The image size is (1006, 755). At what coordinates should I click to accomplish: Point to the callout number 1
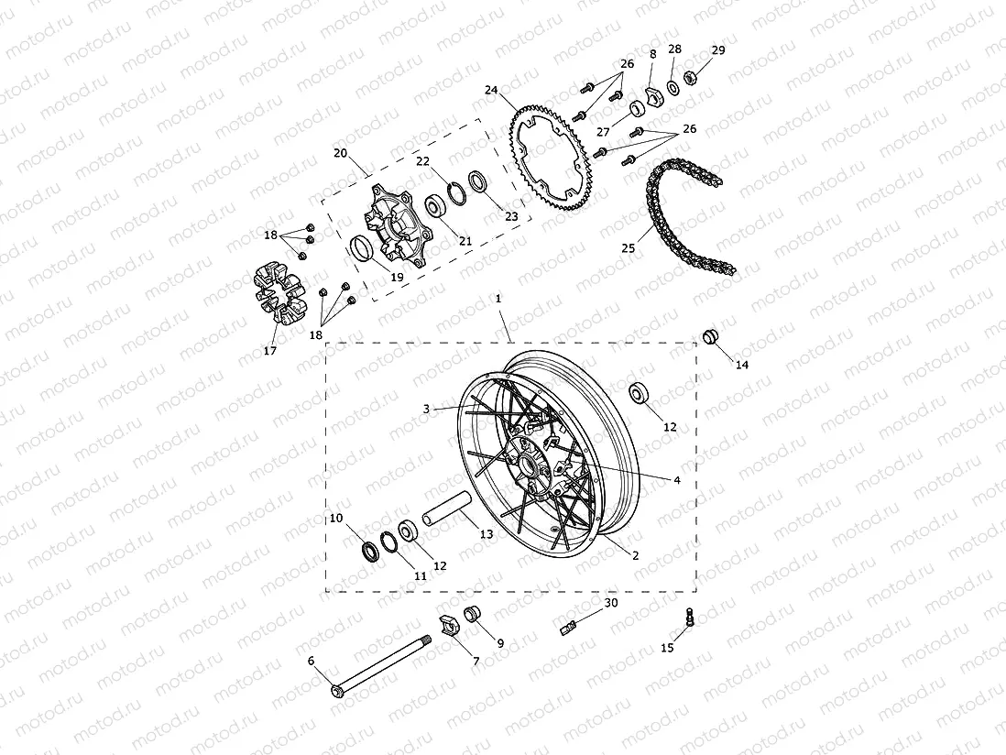pos(498,299)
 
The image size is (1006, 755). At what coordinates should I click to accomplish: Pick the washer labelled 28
pos(673,86)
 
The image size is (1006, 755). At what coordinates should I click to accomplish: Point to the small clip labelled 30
pos(569,627)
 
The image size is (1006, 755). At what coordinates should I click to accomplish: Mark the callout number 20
pos(340,154)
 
